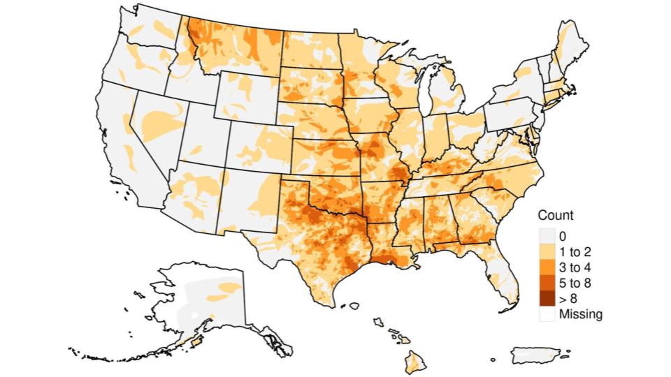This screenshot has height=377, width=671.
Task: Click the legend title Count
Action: tap(556, 216)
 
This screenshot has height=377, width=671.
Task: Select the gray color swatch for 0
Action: tap(547, 236)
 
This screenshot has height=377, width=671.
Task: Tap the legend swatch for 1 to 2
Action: tap(547, 251)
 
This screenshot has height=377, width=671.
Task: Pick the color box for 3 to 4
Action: tap(547, 267)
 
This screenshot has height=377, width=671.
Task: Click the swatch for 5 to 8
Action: tap(547, 283)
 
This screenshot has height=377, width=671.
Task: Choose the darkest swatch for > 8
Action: tap(547, 299)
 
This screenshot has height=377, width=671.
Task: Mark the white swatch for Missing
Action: tap(547, 314)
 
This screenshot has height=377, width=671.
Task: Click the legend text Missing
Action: tap(580, 314)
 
